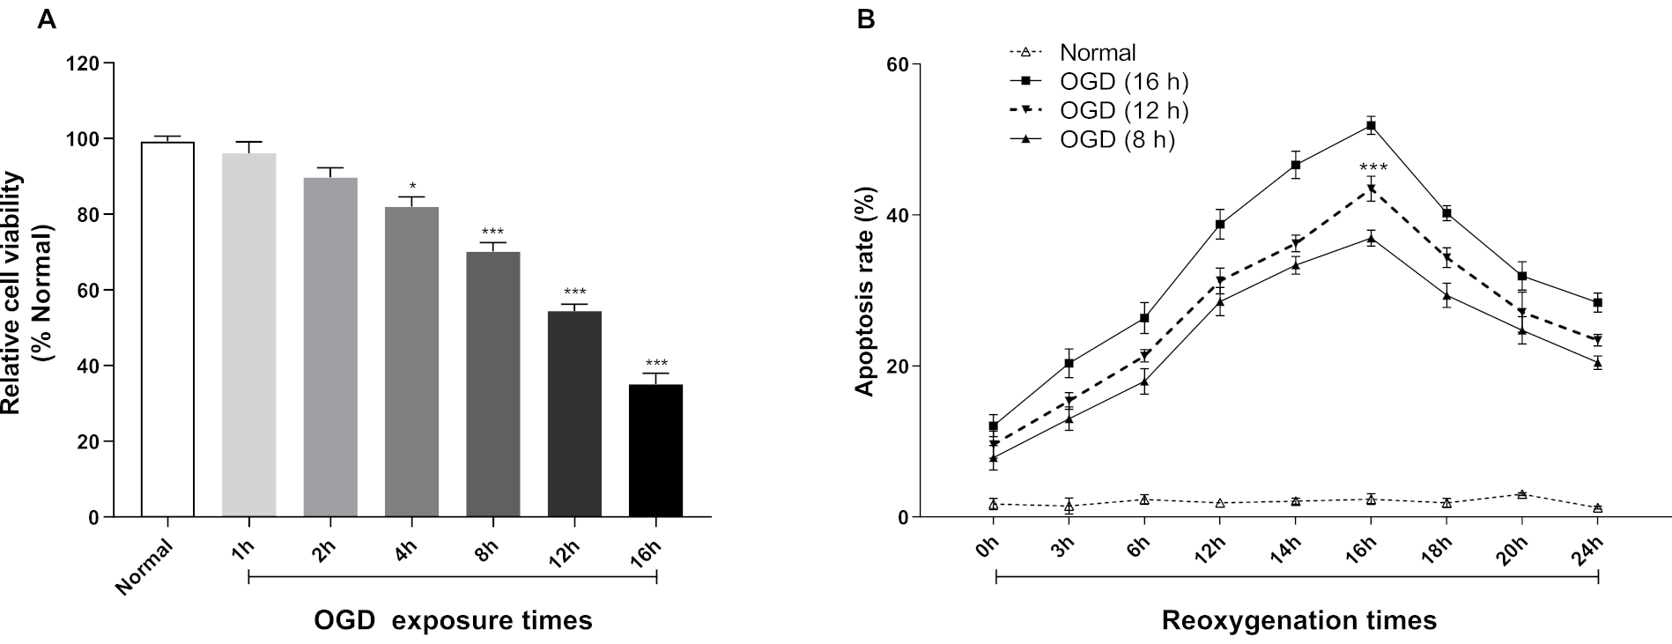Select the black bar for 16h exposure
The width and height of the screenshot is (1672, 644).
coord(655,450)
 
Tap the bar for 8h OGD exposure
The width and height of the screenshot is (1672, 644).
coord(493,384)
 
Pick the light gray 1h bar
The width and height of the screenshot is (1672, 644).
coord(249,335)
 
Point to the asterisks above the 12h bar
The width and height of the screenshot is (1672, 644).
coord(574,292)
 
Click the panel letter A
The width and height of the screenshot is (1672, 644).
coord(47,19)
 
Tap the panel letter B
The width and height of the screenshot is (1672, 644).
coord(867,19)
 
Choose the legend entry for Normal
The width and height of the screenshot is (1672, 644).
coord(1098,52)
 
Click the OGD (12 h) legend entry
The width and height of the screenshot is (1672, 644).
coord(1124,111)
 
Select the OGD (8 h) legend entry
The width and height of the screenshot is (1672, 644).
coord(1117,140)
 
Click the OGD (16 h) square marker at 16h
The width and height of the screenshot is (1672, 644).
coord(1371,126)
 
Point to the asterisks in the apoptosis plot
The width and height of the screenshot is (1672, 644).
coord(1372,167)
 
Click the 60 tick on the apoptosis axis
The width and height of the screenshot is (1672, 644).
coord(899,64)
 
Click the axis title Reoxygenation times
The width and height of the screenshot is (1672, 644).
coord(1298,620)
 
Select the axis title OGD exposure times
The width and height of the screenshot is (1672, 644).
coord(453,620)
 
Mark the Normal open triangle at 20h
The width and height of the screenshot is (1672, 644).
coord(1521,494)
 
